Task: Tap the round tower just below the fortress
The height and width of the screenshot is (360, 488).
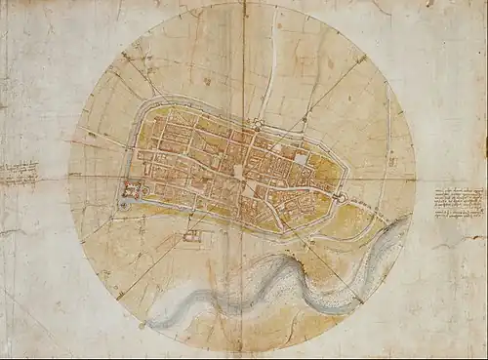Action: point(126,205)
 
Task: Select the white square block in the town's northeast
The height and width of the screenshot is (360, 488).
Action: point(301,159)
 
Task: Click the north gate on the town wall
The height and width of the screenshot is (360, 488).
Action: point(255,124)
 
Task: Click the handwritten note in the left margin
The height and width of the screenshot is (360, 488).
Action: point(18,175)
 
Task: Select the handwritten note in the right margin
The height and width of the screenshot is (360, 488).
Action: point(460,202)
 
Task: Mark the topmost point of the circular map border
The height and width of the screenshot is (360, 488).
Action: point(241,3)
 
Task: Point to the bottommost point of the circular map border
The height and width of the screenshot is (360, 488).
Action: point(241,352)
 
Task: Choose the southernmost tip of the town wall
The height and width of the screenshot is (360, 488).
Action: point(283,233)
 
